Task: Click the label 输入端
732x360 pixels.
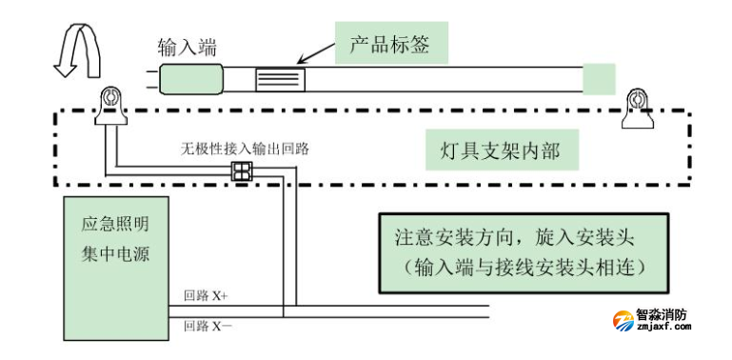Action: pyautogui.click(x=187, y=45)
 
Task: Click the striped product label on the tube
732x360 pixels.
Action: pyautogui.click(x=279, y=79)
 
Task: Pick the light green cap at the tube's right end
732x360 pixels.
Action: pyautogui.click(x=598, y=78)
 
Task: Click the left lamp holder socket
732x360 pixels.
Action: pyautogui.click(x=109, y=102)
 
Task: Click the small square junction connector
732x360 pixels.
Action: pyautogui.click(x=243, y=171)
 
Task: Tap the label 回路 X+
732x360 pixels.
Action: pyautogui.click(x=207, y=297)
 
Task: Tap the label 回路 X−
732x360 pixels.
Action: pyautogui.click(x=208, y=325)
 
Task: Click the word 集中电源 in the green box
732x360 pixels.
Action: pyautogui.click(x=116, y=254)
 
